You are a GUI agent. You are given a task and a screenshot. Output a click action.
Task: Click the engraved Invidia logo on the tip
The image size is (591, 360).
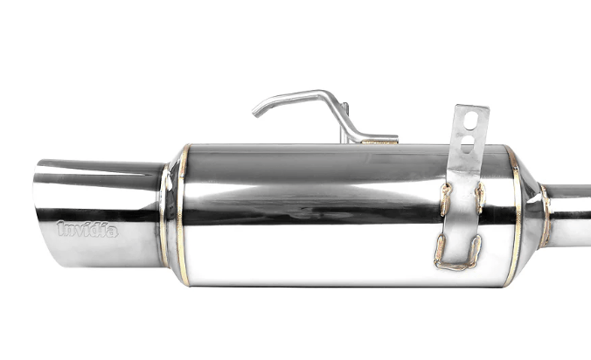point(88,229)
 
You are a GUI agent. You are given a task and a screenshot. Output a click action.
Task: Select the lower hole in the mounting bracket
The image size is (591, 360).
point(469,141)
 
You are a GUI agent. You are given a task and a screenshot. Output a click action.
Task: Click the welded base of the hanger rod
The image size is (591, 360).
point(378,140)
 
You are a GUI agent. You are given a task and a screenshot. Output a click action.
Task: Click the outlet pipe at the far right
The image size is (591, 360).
point(573,203)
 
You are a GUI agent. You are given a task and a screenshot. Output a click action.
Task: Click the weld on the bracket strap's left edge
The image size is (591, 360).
point(445,199)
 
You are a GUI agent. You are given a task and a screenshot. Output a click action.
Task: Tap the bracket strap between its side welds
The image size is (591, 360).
point(462,210)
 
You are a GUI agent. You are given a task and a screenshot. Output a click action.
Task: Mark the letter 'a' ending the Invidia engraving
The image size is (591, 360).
point(115,230)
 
